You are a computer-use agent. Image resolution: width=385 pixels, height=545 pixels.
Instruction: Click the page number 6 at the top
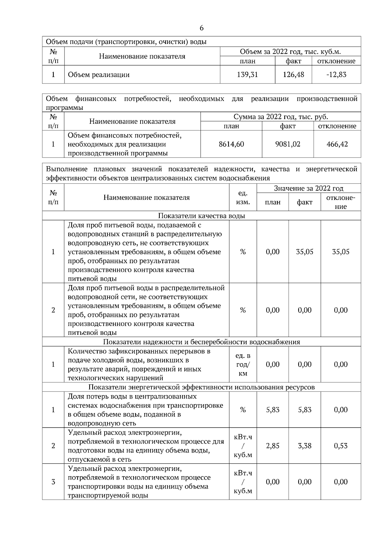[201, 28]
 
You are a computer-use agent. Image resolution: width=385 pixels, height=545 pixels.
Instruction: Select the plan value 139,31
[247, 75]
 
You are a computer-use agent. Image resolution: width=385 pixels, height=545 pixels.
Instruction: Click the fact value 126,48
[293, 75]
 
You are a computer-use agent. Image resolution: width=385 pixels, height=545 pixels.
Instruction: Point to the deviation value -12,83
[336, 75]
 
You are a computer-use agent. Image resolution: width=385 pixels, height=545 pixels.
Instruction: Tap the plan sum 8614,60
[231, 144]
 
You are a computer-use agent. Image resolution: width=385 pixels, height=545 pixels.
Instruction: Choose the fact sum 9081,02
[288, 144]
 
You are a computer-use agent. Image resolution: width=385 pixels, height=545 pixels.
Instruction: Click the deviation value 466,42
[337, 144]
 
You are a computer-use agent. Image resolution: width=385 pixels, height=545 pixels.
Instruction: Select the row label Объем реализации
[99, 75]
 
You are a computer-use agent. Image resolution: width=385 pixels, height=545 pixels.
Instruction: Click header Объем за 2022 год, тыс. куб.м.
[290, 52]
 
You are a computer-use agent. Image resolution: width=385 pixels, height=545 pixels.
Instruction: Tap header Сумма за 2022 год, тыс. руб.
[281, 117]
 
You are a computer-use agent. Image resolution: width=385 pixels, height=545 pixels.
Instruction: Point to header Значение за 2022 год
[309, 188]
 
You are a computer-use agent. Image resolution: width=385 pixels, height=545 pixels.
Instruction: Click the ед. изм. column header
[243, 197]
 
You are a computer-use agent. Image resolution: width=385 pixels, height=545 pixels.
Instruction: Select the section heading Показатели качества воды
[201, 216]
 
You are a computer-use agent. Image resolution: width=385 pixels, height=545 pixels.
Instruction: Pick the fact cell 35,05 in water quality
[304, 252]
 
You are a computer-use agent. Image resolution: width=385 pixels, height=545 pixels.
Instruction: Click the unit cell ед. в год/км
[243, 365]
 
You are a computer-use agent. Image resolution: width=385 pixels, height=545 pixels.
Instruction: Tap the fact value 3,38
[304, 446]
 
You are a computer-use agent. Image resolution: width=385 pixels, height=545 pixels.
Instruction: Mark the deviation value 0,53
[341, 446]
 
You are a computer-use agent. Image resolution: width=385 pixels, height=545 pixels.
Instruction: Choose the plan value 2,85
[273, 446]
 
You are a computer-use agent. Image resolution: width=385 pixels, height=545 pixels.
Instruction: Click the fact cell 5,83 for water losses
[304, 410]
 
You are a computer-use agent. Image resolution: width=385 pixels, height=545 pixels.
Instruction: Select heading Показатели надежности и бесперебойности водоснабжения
[201, 342]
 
